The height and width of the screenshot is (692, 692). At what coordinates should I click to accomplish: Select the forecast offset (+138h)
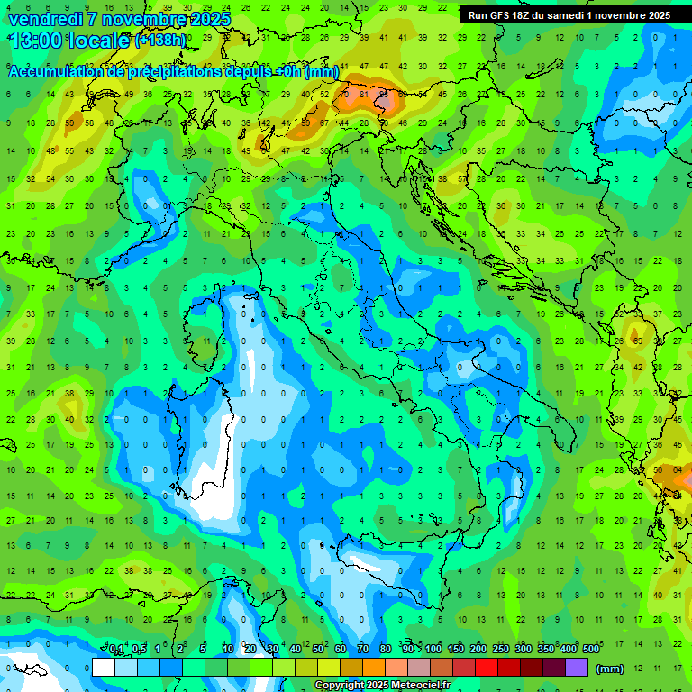click(x=160, y=41)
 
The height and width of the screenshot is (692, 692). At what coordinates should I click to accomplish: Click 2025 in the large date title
click(x=204, y=19)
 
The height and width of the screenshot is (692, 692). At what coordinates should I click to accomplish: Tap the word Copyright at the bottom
click(x=341, y=686)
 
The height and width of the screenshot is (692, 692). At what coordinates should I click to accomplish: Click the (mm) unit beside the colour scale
click(x=609, y=669)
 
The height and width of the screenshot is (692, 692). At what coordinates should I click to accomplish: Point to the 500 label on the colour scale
click(x=591, y=649)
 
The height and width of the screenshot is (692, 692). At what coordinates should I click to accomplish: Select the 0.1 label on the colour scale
click(x=116, y=649)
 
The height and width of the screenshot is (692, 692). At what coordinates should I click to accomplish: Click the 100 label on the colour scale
click(x=433, y=649)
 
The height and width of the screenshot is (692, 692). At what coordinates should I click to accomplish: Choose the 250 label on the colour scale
click(x=501, y=649)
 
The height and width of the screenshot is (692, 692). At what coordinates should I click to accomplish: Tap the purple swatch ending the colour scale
click(x=577, y=668)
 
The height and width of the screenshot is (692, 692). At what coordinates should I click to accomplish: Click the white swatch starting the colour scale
click(x=104, y=668)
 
